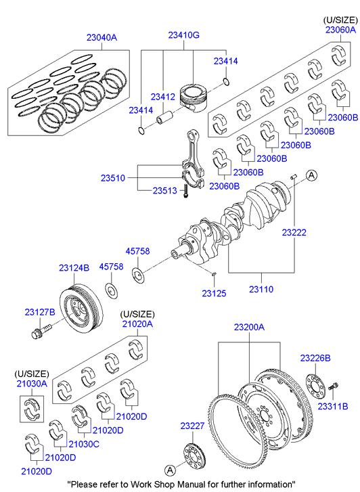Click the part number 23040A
tap(102, 38)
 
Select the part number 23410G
tap(183, 35)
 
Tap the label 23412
tap(162, 97)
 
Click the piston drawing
tap(193, 97)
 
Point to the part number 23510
tap(113, 178)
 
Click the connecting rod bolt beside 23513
tap(185, 191)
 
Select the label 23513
tap(165, 190)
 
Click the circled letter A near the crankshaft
tap(311, 175)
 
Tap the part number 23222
tap(294, 233)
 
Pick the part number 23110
tap(261, 289)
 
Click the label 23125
tap(214, 294)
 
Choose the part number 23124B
tap(74, 267)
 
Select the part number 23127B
tap(40, 312)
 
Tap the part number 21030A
tap(32, 384)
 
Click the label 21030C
tap(84, 444)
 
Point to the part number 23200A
tap(249, 328)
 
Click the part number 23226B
tap(315, 358)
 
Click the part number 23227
tap(192, 426)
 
